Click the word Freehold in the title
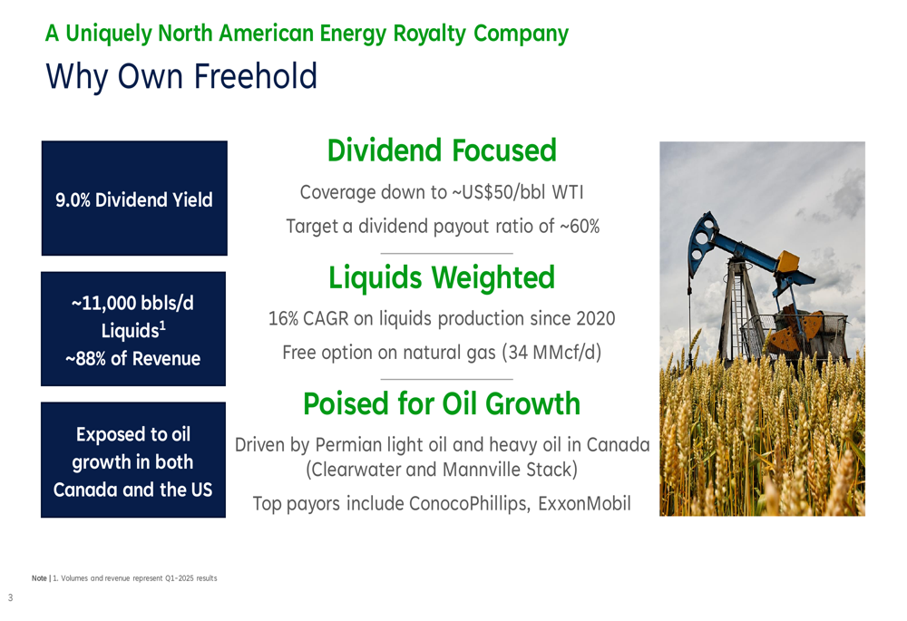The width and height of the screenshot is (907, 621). click(255, 76)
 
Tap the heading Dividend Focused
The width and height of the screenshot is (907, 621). click(442, 150)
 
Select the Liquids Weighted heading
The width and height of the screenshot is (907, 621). click(442, 277)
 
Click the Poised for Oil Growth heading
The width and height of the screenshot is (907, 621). click(442, 403)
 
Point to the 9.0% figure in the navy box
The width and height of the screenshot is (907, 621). click(73, 200)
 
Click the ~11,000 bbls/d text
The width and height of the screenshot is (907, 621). click(132, 303)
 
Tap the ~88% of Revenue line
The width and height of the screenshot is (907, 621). click(133, 358)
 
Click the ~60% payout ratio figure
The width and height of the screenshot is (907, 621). click(580, 226)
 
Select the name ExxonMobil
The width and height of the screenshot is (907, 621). click(584, 504)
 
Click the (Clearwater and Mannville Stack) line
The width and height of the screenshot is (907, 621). click(442, 470)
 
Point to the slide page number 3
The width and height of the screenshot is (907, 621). click(10, 597)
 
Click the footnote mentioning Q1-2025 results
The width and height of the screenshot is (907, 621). click(124, 578)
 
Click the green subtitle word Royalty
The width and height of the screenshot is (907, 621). click(429, 34)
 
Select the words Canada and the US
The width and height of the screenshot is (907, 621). click(133, 490)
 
